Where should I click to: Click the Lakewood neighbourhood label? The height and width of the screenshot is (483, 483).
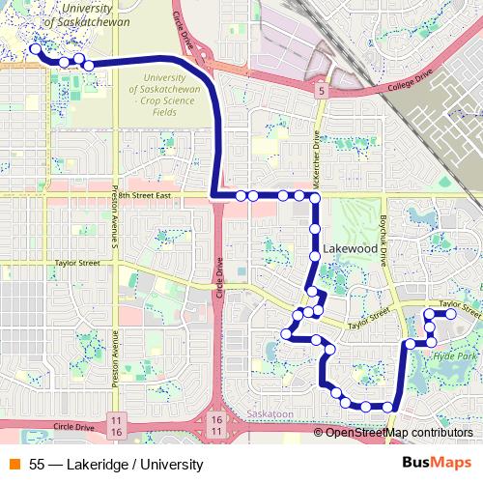click(351, 248)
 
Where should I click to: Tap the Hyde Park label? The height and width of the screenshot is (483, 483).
click(456, 356)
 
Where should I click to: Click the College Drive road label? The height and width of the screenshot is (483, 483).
click(411, 76)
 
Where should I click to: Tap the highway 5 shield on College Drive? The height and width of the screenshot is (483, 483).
click(320, 89)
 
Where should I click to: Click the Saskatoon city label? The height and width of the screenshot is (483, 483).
click(270, 413)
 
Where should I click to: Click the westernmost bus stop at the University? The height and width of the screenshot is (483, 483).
click(35, 48)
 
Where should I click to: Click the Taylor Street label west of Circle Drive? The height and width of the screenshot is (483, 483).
click(77, 262)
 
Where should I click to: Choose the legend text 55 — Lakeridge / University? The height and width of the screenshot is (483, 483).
click(116, 465)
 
